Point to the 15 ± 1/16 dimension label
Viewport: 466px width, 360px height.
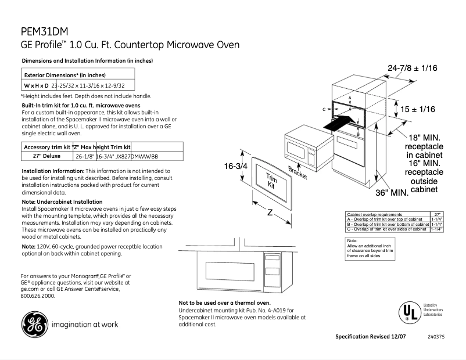[418, 109]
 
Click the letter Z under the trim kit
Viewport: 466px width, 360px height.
[270, 213]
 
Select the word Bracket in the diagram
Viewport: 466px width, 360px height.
[297, 172]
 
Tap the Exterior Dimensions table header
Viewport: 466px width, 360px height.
[64, 75]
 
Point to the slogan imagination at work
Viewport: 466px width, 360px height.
[85, 325]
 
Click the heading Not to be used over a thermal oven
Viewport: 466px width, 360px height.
[224, 303]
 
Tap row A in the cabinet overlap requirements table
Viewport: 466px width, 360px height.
[388, 219]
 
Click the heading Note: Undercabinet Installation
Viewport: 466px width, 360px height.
[62, 201]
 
